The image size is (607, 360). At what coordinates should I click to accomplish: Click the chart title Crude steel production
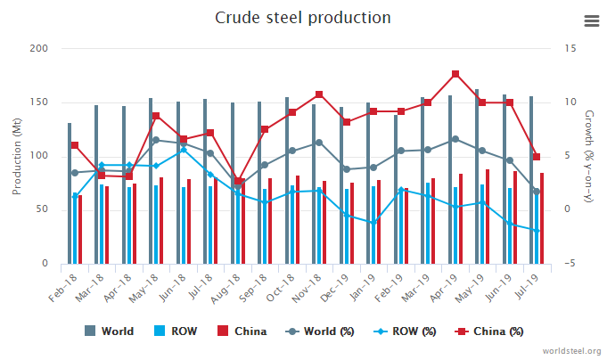(x=303, y=18)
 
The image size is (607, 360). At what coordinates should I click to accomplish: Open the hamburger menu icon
(x=590, y=20)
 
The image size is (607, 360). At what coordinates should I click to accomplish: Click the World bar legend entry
(x=109, y=331)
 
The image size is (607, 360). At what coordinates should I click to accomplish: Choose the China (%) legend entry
(x=495, y=331)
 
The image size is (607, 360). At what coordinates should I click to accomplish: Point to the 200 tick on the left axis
(x=38, y=48)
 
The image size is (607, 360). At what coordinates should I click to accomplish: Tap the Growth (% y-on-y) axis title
(x=588, y=156)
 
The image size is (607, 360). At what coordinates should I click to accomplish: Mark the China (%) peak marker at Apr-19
(x=455, y=74)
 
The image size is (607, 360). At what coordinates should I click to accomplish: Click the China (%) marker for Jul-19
(x=537, y=157)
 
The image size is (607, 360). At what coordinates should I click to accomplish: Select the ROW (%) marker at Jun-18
(x=183, y=150)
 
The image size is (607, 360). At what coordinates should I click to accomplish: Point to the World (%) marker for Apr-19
(x=455, y=139)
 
